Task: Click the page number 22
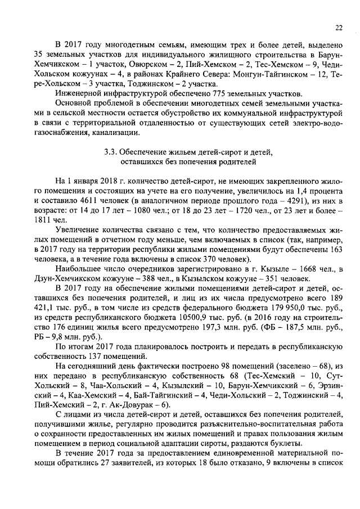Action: pos(339,27)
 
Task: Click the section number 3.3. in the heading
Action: pos(111,152)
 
